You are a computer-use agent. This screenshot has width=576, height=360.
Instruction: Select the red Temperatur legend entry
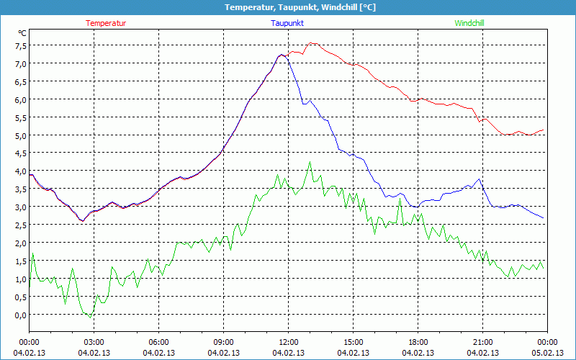pos(106,23)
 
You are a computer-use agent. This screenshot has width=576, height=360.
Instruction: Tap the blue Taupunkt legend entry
pos(287,23)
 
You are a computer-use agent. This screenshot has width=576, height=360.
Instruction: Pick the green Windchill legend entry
pos(469,23)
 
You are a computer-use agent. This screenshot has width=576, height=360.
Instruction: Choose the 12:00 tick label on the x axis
pos(288,342)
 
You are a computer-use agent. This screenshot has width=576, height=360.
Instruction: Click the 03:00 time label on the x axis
pos(94,342)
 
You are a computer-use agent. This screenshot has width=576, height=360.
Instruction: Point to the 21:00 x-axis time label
pos(482,342)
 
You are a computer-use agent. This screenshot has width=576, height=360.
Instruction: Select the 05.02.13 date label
pos(547,353)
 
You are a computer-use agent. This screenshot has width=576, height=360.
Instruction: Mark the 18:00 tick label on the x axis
pos(418,342)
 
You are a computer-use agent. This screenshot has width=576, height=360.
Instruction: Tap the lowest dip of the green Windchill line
pos(89,318)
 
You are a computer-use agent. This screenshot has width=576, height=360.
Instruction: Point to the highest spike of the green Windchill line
pos(310,161)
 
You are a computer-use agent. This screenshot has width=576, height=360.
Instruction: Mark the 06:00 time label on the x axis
pos(158,342)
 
